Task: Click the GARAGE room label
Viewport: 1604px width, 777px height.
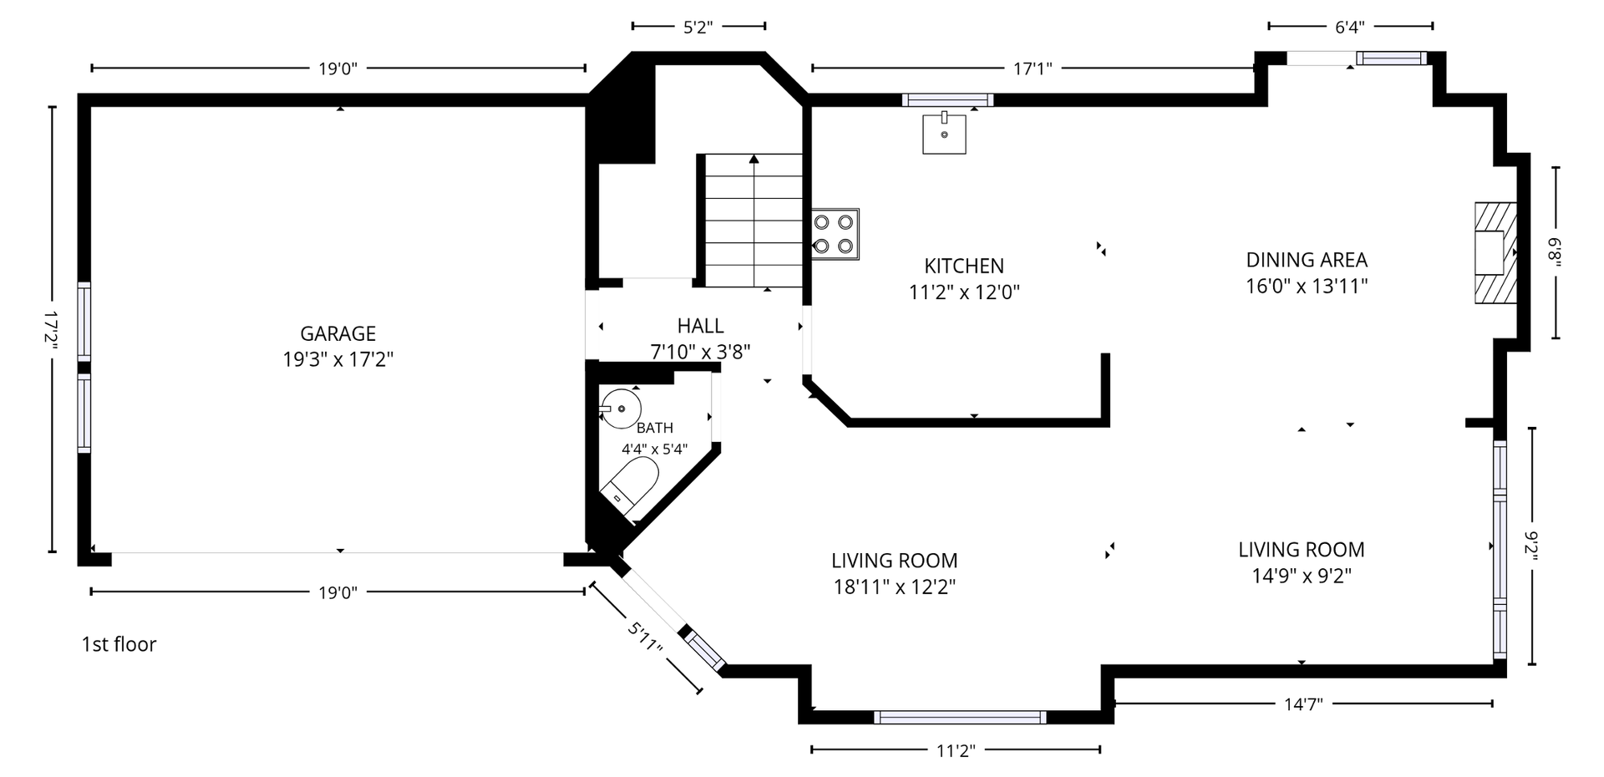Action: coord(338,333)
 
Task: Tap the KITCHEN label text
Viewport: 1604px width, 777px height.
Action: coord(964,266)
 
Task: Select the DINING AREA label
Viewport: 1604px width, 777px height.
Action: coord(1307,260)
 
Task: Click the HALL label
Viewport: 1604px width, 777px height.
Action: coord(700,326)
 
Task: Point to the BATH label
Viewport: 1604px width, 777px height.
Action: coord(655,428)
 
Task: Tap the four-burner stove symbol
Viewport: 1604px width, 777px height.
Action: coord(835,234)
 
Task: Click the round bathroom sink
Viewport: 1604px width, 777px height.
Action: coord(621,409)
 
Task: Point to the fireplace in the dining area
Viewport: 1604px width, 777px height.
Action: coord(1495,252)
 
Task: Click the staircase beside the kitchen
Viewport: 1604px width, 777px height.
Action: coord(751,221)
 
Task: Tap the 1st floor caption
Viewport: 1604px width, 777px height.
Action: coord(119,644)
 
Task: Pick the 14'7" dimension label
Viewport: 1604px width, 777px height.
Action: coord(1303,704)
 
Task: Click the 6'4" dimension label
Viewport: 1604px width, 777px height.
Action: coord(1350,27)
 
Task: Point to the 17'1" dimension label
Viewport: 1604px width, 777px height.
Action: coord(1033,69)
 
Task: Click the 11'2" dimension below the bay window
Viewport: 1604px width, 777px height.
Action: coord(956,750)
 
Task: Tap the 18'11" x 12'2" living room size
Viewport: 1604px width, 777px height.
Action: coord(895,587)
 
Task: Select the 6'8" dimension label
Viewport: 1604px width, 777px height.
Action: coord(1555,253)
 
